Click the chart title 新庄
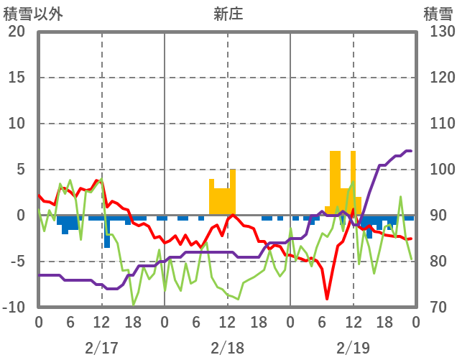click(228, 14)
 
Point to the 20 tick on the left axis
click(16, 32)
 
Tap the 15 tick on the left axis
click(16, 78)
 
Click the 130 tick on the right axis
click(438, 32)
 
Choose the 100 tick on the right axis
click(438, 170)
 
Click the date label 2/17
click(101, 348)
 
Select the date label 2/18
click(227, 348)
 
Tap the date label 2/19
click(353, 348)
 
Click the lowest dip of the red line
click(327, 298)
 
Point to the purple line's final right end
click(410, 151)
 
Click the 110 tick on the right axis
click(438, 124)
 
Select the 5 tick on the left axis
click(21, 170)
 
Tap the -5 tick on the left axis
click(18, 262)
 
